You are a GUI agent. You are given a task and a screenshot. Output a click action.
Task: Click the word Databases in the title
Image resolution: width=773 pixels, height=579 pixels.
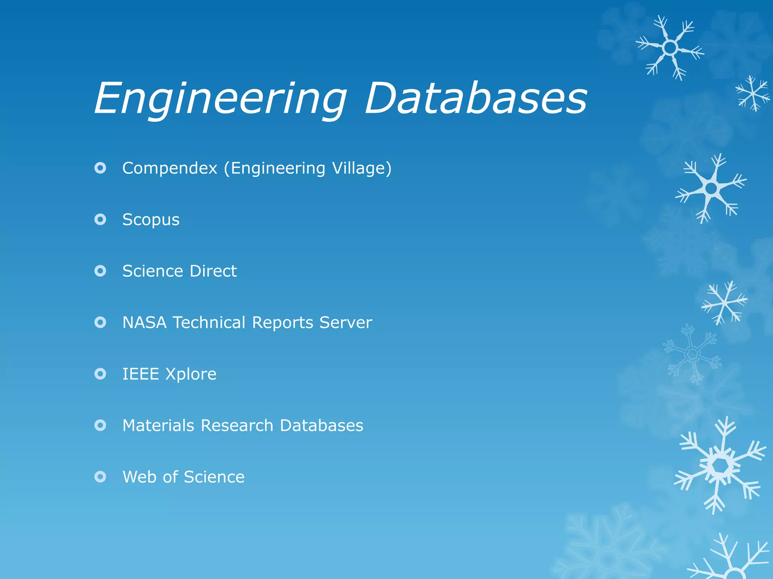(476, 99)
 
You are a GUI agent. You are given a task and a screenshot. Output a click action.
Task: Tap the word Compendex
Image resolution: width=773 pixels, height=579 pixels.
(170, 168)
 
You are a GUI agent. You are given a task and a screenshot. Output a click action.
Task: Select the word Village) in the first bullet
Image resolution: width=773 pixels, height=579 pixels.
(362, 168)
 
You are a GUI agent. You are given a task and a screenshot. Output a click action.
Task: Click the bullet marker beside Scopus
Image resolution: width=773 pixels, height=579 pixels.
(100, 219)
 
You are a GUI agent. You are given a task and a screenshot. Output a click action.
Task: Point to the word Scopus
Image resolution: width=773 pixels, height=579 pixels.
(151, 220)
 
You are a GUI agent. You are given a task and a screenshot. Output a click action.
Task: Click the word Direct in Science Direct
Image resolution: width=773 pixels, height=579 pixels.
(213, 271)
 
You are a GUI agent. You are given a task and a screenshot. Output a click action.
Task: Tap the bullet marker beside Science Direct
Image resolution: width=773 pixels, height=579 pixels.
(100, 271)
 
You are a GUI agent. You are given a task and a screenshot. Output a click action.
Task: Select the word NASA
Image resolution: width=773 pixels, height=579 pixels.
(145, 323)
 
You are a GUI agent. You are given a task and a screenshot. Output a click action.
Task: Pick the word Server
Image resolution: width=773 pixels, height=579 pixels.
(345, 323)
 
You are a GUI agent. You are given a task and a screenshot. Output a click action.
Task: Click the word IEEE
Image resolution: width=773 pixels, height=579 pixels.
(140, 374)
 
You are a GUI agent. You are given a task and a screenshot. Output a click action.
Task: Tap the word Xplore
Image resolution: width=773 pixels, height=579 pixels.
(191, 374)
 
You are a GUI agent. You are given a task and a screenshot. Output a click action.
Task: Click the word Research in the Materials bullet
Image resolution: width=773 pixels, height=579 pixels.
(237, 426)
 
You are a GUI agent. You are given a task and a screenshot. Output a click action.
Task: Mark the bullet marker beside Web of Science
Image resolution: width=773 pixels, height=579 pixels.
(100, 477)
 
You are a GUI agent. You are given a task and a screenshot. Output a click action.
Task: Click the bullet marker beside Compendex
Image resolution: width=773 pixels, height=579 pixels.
(100, 168)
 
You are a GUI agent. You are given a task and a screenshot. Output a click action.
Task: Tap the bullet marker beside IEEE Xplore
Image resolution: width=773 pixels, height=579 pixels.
(100, 374)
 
